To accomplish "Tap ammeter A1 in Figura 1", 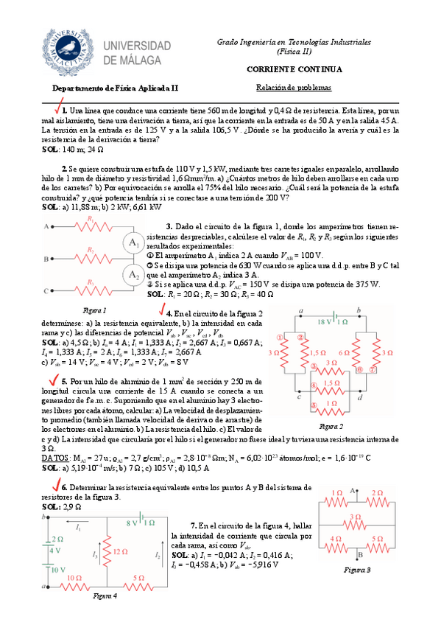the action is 134,242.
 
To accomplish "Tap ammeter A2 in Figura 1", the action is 134,275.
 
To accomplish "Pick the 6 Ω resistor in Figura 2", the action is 345,352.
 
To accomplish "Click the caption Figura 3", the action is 357,570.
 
